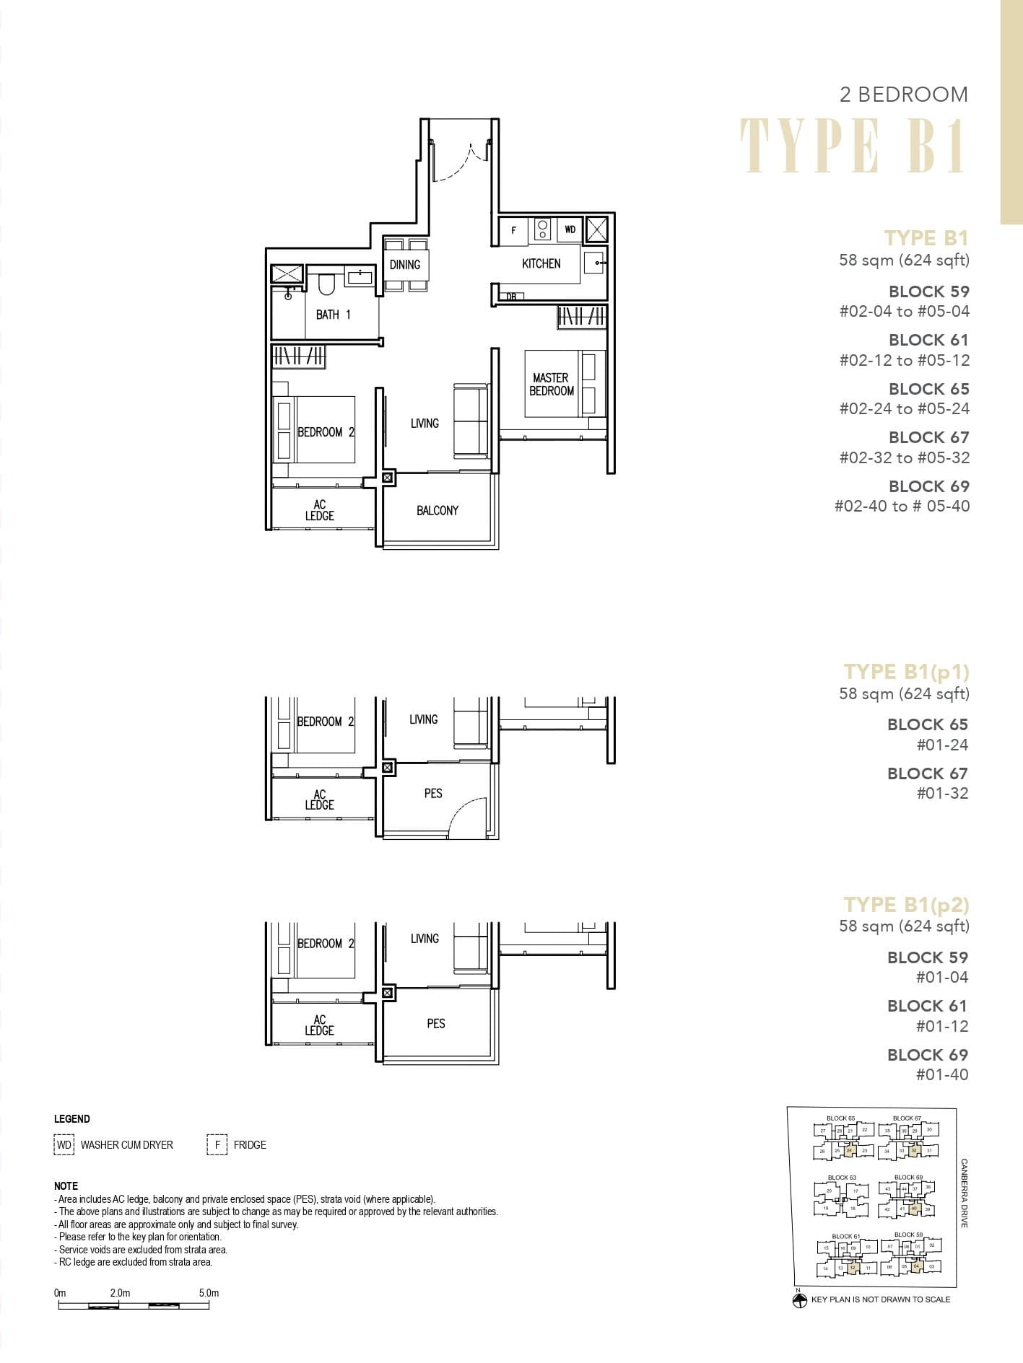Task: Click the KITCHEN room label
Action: (541, 264)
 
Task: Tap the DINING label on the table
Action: (404, 265)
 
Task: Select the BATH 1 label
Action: (333, 315)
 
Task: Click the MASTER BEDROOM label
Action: (551, 384)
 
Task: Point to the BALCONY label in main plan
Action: (437, 511)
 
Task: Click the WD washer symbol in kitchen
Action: (570, 230)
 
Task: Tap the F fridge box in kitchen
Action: (513, 231)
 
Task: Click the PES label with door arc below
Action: (433, 794)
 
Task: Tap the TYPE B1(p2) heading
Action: (906, 905)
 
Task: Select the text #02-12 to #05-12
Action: (904, 360)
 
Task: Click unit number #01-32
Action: (942, 793)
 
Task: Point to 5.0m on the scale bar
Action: (209, 1293)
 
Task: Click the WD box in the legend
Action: (64, 1145)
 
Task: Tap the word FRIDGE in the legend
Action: (250, 1145)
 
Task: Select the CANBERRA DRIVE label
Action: (965, 1193)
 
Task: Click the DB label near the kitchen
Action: (511, 297)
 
